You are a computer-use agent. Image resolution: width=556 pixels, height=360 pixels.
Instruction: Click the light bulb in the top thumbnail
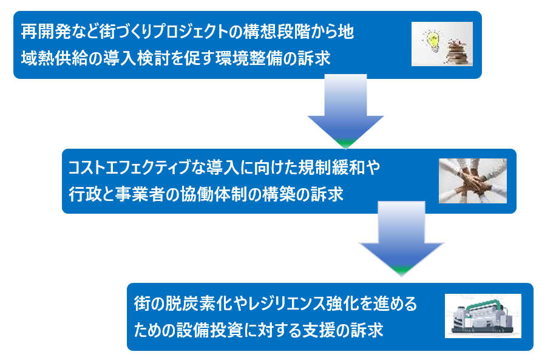[x=433, y=41]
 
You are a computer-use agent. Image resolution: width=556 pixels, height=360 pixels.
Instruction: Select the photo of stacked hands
[x=472, y=181]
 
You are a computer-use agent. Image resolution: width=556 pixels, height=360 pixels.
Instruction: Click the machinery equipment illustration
[x=483, y=316]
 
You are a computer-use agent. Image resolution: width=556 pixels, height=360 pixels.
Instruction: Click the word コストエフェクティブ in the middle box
[x=129, y=168]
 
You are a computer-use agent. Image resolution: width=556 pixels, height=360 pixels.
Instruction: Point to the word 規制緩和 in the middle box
[x=331, y=168]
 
